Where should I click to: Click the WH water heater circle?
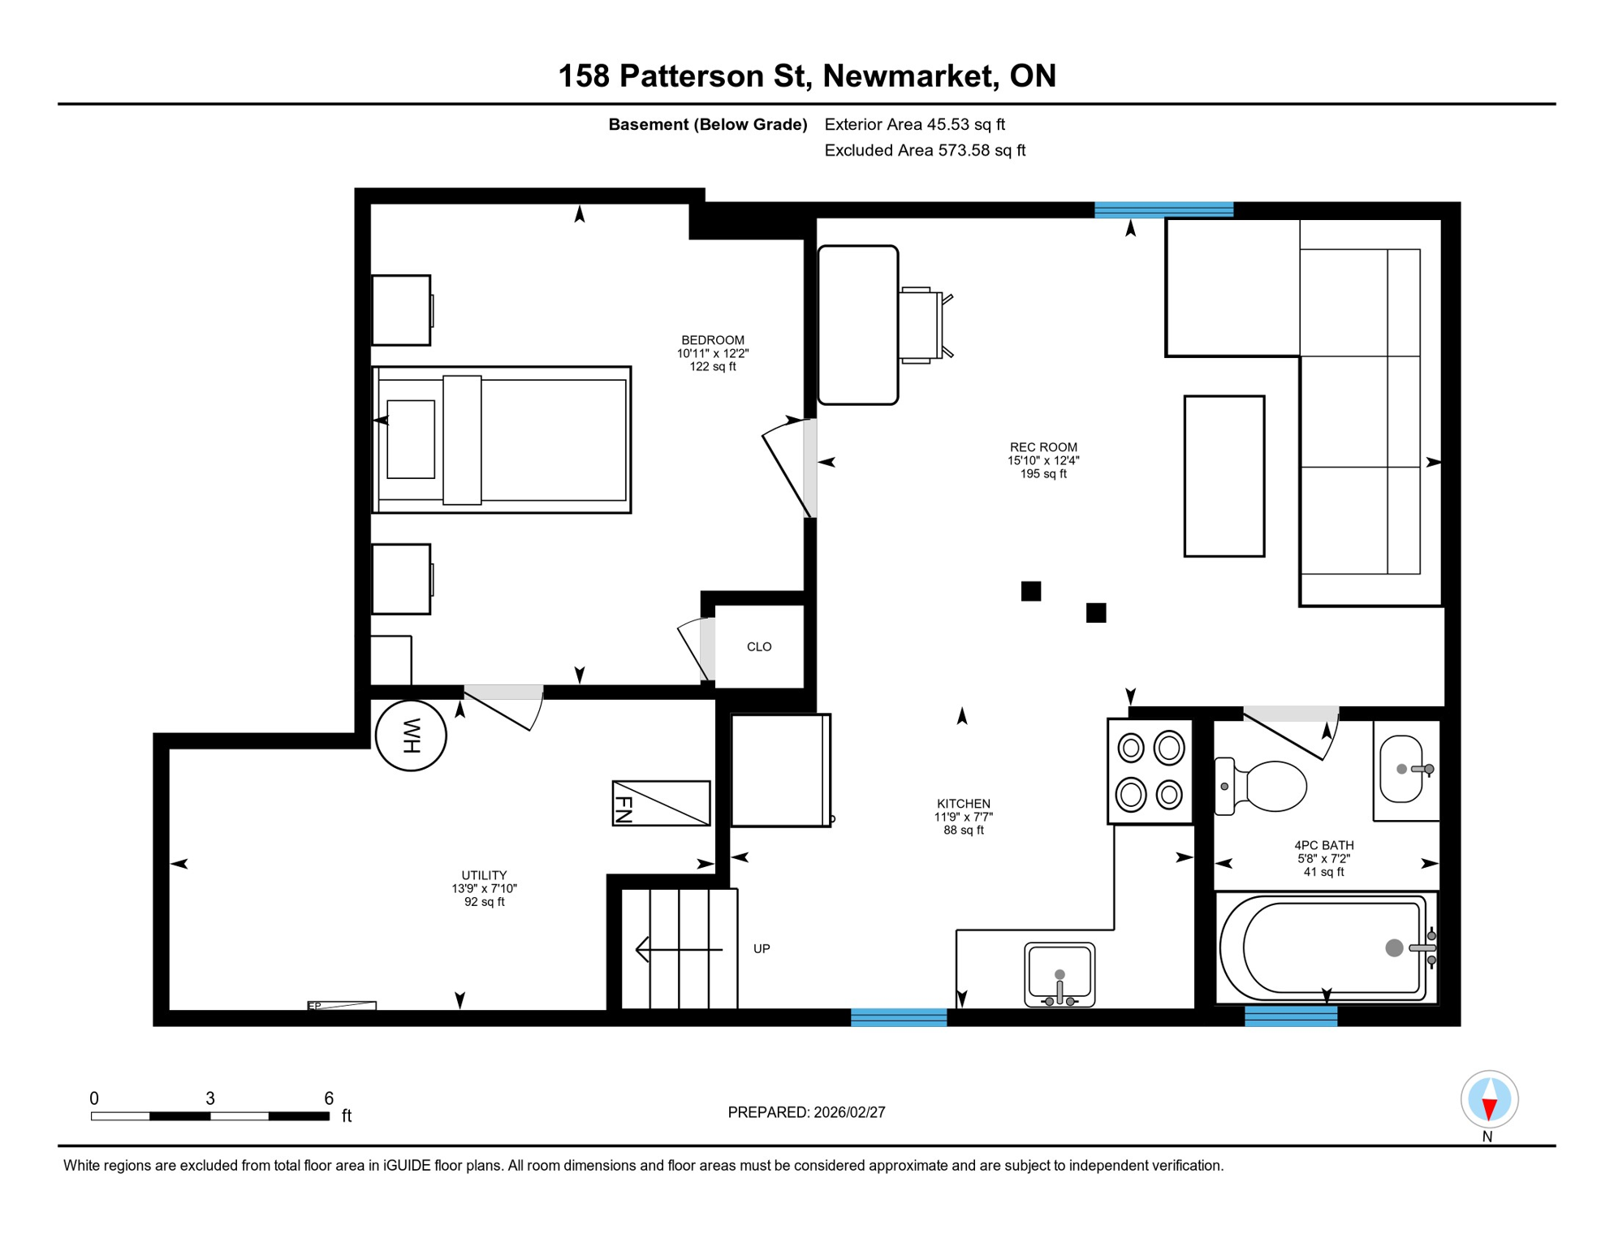coord(411,736)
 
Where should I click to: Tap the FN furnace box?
coord(661,804)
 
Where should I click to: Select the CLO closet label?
coord(759,647)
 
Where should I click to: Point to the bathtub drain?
coord(1394,947)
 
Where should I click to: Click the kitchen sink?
coord(1059,973)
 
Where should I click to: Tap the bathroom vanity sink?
coord(1403,769)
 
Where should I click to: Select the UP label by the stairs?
coord(762,948)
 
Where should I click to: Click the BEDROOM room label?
coord(713,340)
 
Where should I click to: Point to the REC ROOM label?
coord(1043,447)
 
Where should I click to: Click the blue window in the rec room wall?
coord(1163,210)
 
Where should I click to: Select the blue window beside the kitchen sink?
coord(899,1017)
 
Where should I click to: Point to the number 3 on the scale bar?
coord(210,1098)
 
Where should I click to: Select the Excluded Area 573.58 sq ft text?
coord(925,150)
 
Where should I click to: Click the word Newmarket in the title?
coord(910,76)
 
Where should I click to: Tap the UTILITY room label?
coord(484,875)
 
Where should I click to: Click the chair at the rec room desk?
coord(922,325)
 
